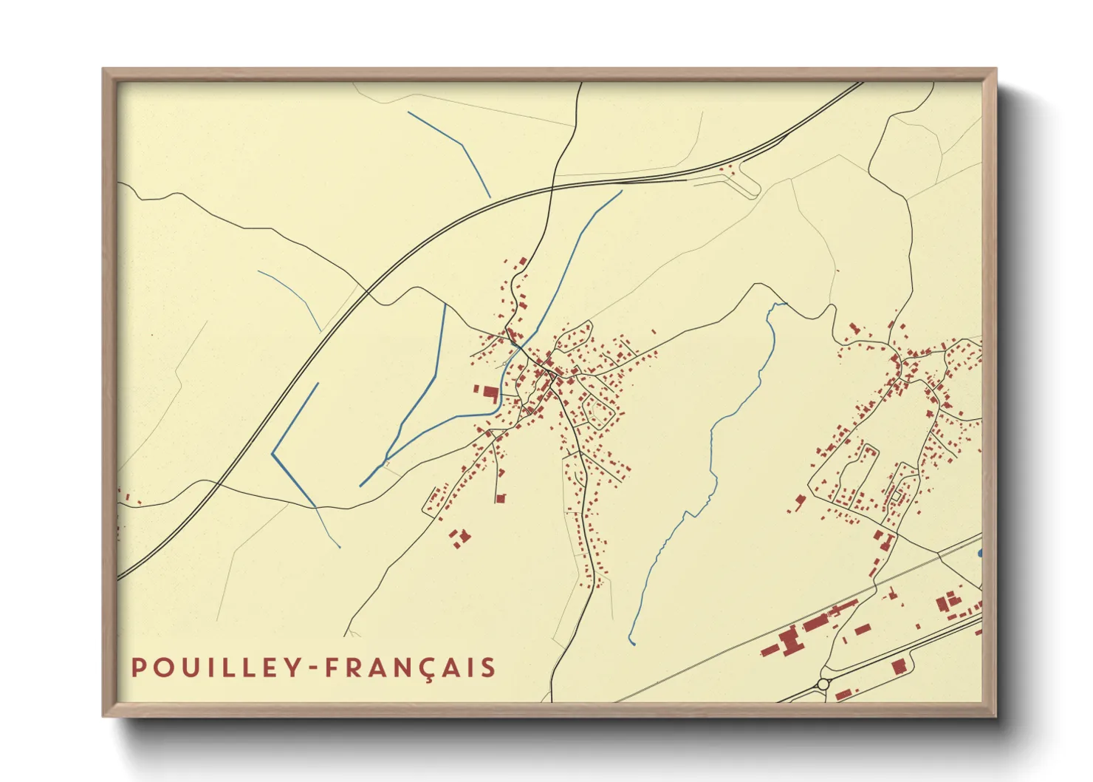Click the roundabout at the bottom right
click(823, 684)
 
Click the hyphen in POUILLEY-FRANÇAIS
click(314, 669)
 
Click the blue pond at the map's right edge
click(980, 553)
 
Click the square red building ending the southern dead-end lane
click(499, 498)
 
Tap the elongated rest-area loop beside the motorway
click(742, 180)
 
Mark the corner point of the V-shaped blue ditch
click(273, 453)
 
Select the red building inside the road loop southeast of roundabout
click(898, 666)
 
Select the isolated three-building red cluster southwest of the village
click(460, 537)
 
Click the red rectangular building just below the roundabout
click(842, 694)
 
